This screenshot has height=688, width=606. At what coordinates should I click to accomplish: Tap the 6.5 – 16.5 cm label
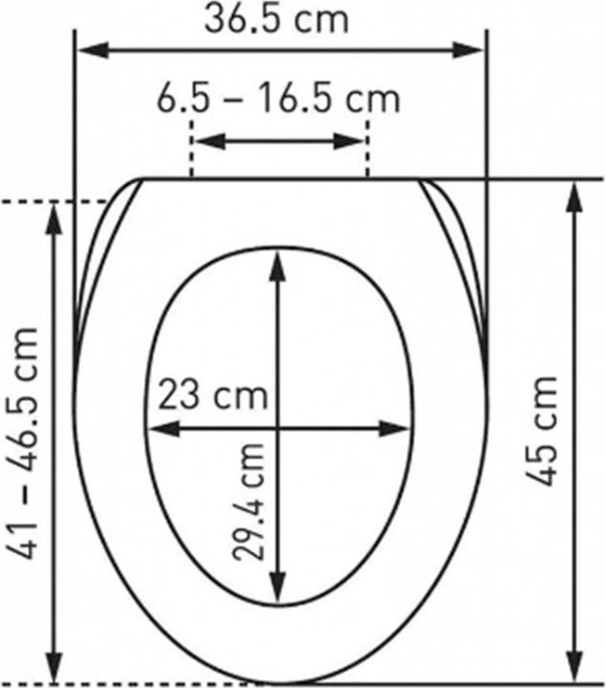click(278, 98)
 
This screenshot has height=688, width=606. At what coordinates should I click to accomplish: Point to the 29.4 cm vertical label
click(252, 503)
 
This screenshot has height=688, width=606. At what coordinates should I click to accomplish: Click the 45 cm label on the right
click(542, 430)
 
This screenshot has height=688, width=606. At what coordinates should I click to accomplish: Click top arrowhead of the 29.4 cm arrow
click(277, 260)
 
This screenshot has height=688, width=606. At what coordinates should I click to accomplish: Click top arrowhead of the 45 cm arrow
click(575, 193)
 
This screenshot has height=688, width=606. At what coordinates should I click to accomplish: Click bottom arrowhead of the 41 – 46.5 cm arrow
click(54, 669)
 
